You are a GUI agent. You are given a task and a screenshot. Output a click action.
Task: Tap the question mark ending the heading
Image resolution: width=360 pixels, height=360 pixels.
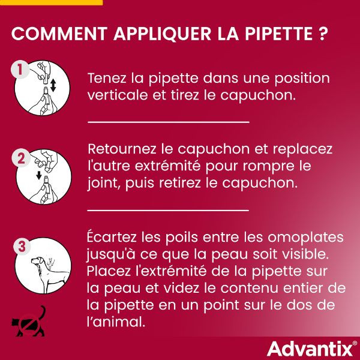click(x=323, y=34)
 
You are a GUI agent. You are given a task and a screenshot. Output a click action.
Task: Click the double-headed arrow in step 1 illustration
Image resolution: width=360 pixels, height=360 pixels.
click(x=53, y=84)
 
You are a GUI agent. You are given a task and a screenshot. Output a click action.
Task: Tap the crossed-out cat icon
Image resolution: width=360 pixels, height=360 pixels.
click(x=29, y=322)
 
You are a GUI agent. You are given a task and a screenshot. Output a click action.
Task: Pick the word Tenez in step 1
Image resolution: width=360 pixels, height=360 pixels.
click(x=106, y=79)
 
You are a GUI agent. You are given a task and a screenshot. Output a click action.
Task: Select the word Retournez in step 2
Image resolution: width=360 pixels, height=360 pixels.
click(x=121, y=148)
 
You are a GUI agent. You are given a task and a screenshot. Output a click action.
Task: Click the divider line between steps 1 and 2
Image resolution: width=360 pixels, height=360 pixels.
click(x=168, y=121)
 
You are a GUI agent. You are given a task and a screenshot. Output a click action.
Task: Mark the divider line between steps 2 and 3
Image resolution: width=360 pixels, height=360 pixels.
click(x=168, y=210)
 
